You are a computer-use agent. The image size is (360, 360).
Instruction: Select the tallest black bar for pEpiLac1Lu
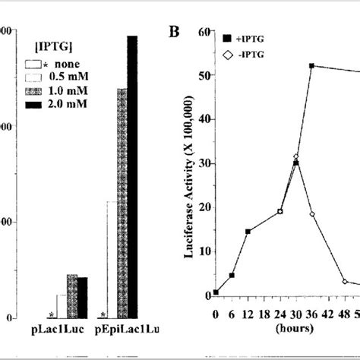[x=132, y=175]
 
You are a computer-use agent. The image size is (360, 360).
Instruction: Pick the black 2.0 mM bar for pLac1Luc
[x=81, y=297]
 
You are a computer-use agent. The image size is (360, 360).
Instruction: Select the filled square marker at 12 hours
[x=248, y=231]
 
